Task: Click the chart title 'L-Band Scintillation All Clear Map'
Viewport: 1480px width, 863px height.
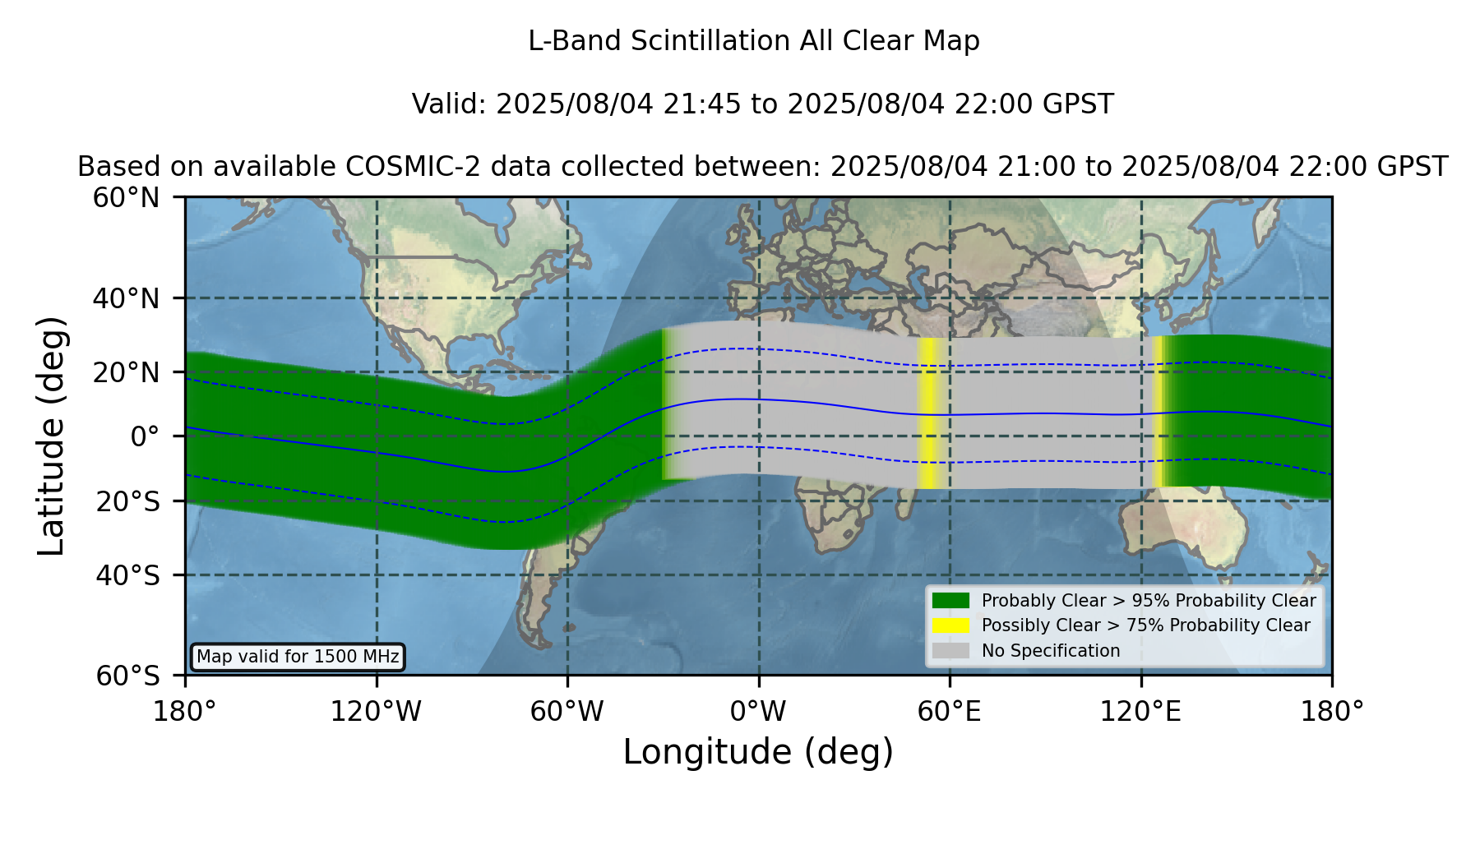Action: coord(753,41)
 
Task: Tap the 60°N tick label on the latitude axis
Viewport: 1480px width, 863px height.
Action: coord(126,198)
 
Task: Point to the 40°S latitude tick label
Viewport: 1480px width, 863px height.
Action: coord(127,575)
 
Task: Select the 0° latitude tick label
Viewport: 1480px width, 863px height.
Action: coord(145,436)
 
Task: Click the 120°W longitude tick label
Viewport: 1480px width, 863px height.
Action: coord(376,712)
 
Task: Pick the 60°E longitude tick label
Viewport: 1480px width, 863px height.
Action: coord(949,712)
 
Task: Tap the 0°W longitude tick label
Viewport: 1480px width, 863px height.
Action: coord(758,712)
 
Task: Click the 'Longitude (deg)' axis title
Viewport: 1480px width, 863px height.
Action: coord(758,752)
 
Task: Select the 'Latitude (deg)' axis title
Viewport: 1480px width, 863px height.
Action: coord(52,436)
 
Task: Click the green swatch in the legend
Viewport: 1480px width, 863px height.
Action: coord(950,601)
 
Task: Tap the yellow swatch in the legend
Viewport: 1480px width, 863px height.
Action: coord(950,625)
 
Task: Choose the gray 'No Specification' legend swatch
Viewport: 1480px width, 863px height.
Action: coord(950,651)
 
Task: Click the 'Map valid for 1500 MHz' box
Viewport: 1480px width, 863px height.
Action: coord(298,657)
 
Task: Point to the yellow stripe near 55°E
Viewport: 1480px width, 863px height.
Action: coord(928,413)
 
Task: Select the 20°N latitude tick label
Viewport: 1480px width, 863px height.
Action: coord(126,372)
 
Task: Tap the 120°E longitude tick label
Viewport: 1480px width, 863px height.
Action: coord(1140,712)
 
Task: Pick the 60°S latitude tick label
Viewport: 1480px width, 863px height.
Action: coord(127,676)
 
